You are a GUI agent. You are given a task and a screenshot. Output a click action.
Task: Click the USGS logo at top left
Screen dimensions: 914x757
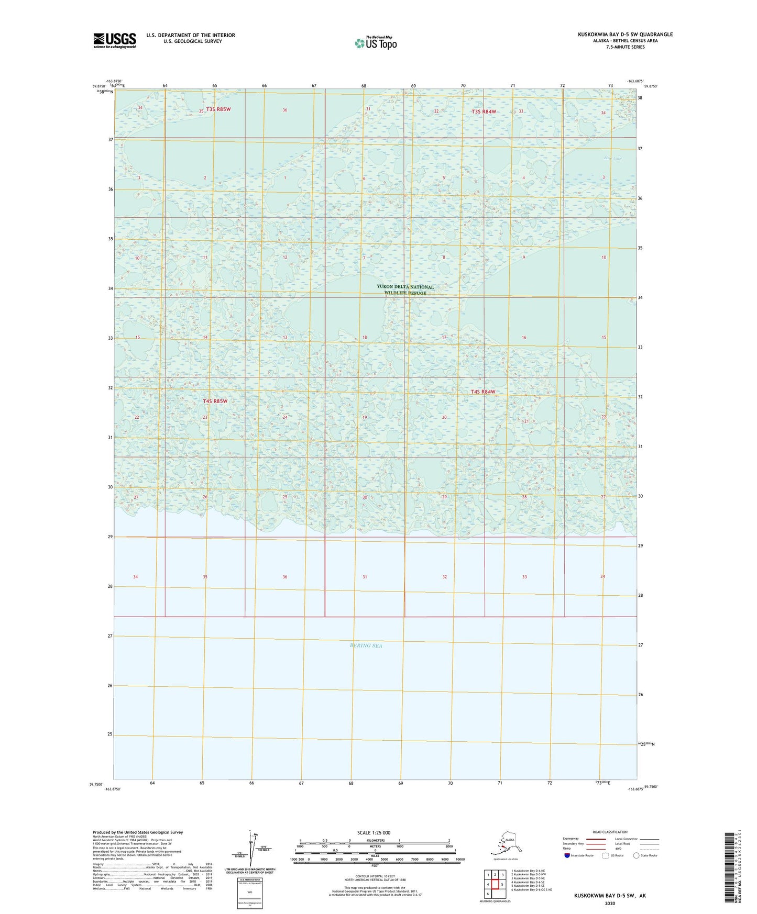point(114,40)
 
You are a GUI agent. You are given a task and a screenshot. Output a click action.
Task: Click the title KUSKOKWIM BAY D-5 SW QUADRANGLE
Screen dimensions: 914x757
point(625,35)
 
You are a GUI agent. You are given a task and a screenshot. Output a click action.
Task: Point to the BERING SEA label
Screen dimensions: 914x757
point(366,645)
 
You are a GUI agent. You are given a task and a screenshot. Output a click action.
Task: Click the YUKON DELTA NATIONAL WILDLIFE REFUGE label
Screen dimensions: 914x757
point(405,290)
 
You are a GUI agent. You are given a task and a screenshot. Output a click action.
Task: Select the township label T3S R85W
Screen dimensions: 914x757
point(218,109)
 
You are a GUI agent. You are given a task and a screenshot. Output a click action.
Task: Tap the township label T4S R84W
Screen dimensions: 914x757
point(482,392)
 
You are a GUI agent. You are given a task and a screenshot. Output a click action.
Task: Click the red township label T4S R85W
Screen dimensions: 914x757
point(215,401)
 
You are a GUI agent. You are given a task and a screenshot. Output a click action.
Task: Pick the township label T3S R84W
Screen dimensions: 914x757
point(484,112)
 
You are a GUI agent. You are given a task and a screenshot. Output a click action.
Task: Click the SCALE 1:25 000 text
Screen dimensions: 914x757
point(374,833)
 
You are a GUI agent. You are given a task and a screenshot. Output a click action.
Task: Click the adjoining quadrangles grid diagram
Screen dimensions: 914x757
point(495,884)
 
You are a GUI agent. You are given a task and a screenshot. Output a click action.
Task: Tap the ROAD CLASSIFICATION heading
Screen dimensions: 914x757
point(610,832)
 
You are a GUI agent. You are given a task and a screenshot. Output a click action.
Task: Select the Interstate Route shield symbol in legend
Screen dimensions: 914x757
point(567,855)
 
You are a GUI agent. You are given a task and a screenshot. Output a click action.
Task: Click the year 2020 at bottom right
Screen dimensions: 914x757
point(610,903)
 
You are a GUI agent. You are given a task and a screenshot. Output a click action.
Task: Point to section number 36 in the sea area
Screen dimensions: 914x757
point(285,577)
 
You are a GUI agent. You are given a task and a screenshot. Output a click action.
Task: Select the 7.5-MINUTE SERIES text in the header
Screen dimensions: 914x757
point(625,47)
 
